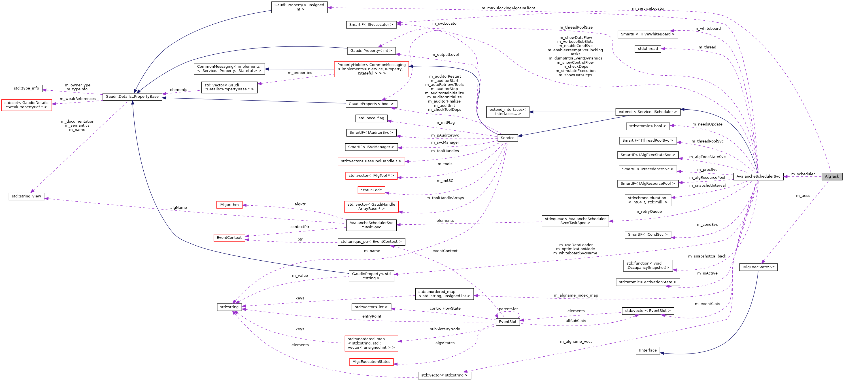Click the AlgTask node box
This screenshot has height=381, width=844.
(x=832, y=176)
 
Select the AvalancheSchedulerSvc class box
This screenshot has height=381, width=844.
(x=758, y=176)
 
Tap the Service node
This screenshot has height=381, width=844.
(x=507, y=138)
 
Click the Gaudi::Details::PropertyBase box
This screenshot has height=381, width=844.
(x=132, y=97)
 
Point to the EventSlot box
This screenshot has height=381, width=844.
(x=507, y=322)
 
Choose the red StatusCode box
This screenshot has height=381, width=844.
(x=371, y=190)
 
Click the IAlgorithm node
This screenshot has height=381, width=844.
(x=229, y=205)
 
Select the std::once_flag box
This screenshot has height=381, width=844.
(x=371, y=118)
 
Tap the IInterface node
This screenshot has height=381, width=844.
(x=648, y=350)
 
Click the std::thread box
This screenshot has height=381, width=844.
(x=648, y=49)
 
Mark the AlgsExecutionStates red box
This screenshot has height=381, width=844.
(x=371, y=362)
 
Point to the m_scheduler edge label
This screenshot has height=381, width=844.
(x=803, y=174)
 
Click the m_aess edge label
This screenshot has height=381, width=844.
(x=803, y=195)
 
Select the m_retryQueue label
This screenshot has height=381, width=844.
(x=649, y=212)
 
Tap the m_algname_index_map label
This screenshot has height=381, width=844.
(x=576, y=295)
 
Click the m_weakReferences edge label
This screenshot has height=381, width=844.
(x=78, y=99)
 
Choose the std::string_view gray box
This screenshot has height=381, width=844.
(x=26, y=196)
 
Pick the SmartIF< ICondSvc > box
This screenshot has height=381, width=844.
(x=647, y=235)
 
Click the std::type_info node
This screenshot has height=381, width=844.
(x=26, y=88)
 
